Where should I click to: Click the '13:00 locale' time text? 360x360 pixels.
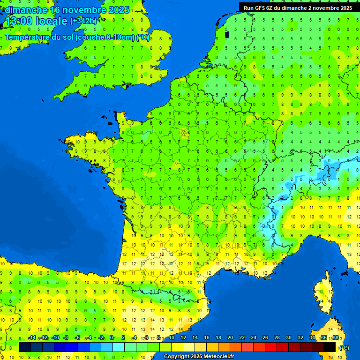pyautogui.click(x=36, y=21)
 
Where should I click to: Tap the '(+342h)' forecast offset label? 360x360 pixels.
pyautogui.click(x=83, y=21)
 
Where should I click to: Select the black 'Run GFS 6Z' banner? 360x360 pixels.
pyautogui.click(x=298, y=7)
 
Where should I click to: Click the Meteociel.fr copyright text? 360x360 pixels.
pyautogui.click(x=199, y=357)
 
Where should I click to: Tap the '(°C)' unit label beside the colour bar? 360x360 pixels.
pyautogui.click(x=344, y=347)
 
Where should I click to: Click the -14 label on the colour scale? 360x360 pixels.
pyautogui.click(x=32, y=338)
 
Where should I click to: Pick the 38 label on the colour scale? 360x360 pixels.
pyautogui.click(x=335, y=338)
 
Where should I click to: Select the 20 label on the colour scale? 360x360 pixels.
pyautogui.click(x=230, y=338)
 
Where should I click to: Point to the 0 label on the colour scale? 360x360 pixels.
pyautogui.click(x=112, y=338)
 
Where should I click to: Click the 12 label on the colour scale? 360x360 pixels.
pyautogui.click(x=183, y=338)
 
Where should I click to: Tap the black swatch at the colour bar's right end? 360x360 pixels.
pyautogui.click(x=330, y=347)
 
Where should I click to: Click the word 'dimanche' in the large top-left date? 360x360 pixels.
pyautogui.click(x=26, y=10)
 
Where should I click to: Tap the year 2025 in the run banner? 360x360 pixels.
pyautogui.click(x=345, y=7)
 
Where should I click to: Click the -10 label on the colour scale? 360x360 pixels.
pyautogui.click(x=55, y=338)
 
